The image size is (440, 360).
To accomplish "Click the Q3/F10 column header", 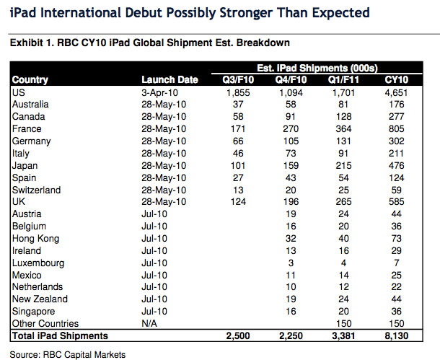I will click(238, 80).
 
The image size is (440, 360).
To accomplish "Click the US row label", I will click(19, 92).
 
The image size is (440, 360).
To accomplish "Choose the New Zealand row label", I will click(40, 299).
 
